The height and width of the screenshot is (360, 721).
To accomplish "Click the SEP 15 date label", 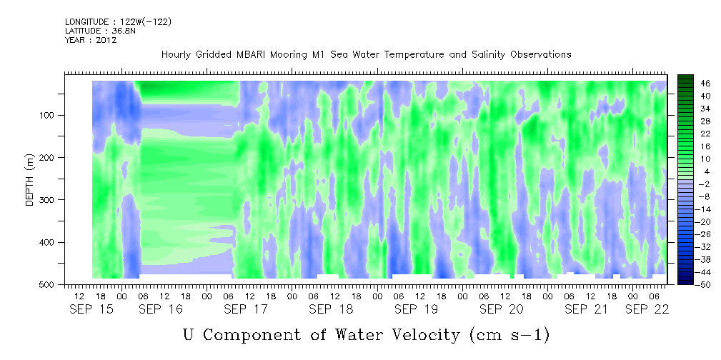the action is coord(91,309).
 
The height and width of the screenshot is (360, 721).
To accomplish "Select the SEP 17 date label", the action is coord(246,309).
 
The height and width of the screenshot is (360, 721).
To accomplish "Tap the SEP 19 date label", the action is coord(416,309).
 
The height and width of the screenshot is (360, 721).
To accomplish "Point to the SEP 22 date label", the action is coord(647,309).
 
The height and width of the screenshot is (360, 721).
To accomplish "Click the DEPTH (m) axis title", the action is coord(30,179).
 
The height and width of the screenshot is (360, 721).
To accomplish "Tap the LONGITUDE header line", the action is coord(118,22).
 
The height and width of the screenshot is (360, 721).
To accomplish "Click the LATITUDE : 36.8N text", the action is coord(100,31).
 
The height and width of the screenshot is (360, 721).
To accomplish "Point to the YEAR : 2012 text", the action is coord(91,40).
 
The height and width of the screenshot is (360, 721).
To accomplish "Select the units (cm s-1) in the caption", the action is coord(508,335).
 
